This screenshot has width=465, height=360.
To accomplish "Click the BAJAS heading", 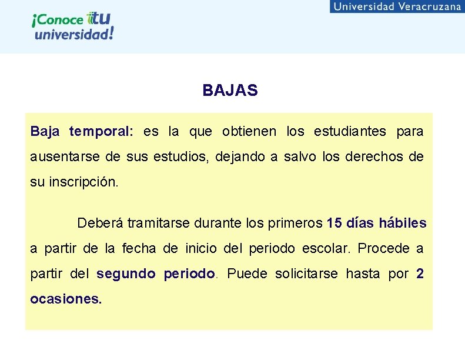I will click(230, 91).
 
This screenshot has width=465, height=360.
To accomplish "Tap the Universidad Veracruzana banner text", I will click(397, 6).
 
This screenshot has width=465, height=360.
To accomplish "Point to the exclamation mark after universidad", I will click(111, 32).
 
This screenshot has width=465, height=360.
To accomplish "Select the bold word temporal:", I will click(102, 131).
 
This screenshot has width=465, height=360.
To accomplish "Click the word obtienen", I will click(248, 131).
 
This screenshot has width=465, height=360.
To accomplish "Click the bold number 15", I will click(334, 223).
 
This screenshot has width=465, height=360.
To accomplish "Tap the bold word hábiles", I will click(403, 223).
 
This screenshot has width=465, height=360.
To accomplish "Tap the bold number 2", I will click(419, 274).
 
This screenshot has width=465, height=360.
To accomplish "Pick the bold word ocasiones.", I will click(65, 299).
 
